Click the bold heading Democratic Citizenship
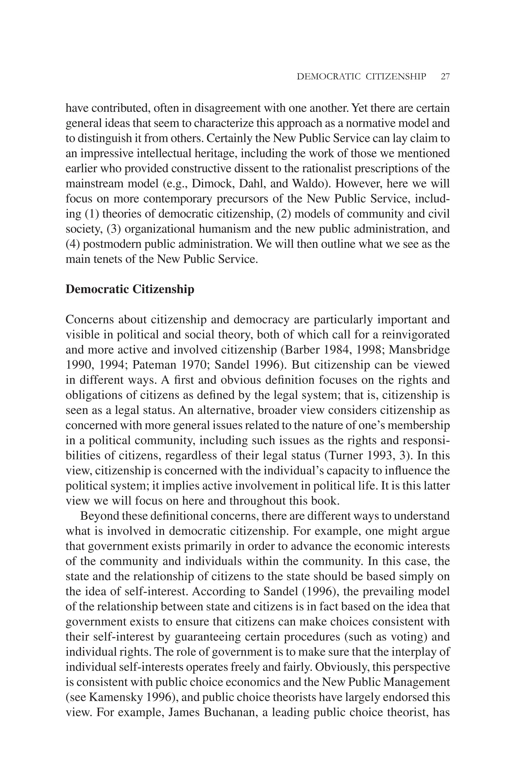(130, 289)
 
